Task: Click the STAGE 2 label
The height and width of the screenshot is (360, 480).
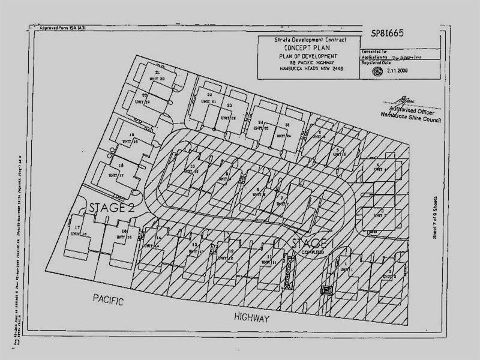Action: pos(111,208)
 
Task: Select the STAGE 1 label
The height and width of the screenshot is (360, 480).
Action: pos(310,244)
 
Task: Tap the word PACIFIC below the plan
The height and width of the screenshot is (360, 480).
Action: pos(108,300)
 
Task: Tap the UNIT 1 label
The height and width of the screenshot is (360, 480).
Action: pos(344,269)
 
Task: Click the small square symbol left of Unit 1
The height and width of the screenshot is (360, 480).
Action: pos(327,291)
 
